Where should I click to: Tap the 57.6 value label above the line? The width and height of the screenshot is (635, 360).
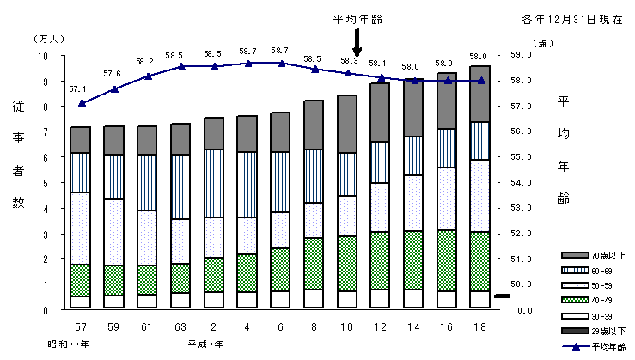pyautogui.click(x=112, y=74)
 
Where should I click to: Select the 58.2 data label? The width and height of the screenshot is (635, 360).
pyautogui.click(x=145, y=62)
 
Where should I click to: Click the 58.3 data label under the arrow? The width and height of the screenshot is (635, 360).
pyautogui.click(x=349, y=60)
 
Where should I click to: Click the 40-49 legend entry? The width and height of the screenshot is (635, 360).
pyautogui.click(x=590, y=300)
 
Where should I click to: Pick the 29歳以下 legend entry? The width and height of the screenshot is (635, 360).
pyautogui.click(x=590, y=331)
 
